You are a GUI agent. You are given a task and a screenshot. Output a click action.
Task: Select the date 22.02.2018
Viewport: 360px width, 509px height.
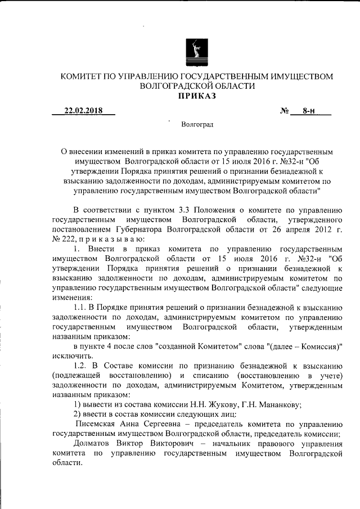tap(83, 111)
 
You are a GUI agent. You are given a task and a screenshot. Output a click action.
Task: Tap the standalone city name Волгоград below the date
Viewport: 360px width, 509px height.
tap(196, 124)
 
